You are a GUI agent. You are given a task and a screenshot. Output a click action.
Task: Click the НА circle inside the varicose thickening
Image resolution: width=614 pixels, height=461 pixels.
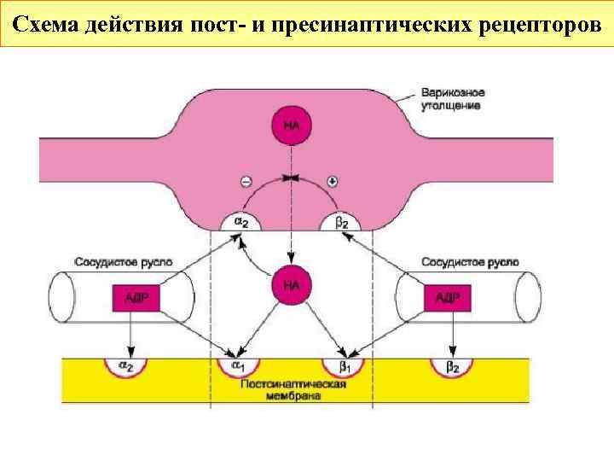tap(292, 125)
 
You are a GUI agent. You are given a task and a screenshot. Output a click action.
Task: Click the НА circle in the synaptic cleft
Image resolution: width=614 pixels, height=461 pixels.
tap(292, 284)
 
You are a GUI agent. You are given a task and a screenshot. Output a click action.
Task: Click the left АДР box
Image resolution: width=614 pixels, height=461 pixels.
tap(130, 297)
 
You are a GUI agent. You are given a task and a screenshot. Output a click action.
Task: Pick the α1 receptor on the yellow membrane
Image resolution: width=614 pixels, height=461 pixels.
tap(236, 367)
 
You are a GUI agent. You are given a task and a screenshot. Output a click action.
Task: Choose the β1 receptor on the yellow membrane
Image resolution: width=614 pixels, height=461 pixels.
tap(345, 367)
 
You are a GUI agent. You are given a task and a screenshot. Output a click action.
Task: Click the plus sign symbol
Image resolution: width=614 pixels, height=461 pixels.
tap(333, 181)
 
